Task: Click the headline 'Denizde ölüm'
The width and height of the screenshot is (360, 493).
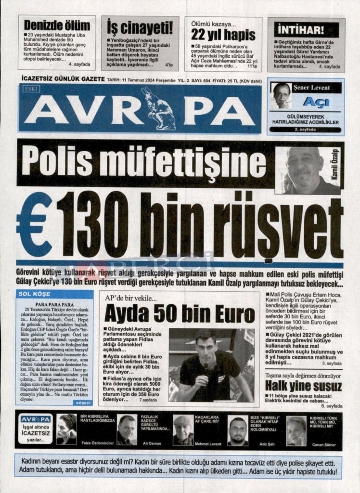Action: click(x=57, y=25)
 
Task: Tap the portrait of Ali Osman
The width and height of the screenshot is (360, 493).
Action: click(x=126, y=429)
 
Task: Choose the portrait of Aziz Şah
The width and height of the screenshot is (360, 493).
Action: click(x=237, y=430)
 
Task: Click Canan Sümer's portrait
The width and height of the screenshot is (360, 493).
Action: click(x=296, y=430)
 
